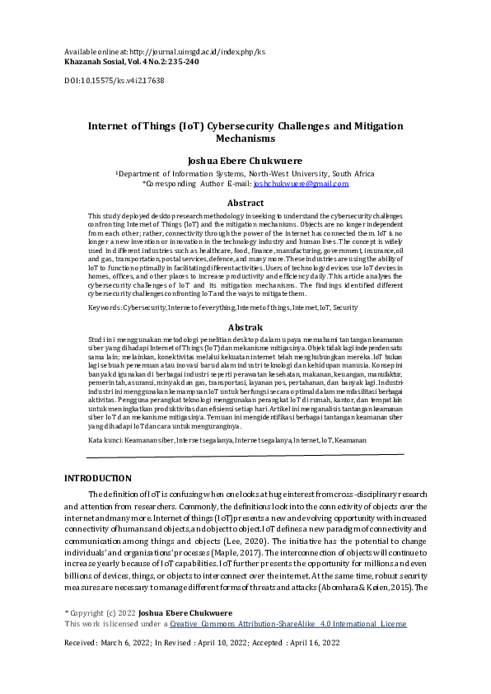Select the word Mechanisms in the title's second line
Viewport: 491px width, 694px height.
coord(245,140)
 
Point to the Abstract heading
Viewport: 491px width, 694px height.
coord(245,202)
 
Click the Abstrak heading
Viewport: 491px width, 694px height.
coord(245,328)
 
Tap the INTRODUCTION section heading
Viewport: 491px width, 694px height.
coord(97,478)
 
